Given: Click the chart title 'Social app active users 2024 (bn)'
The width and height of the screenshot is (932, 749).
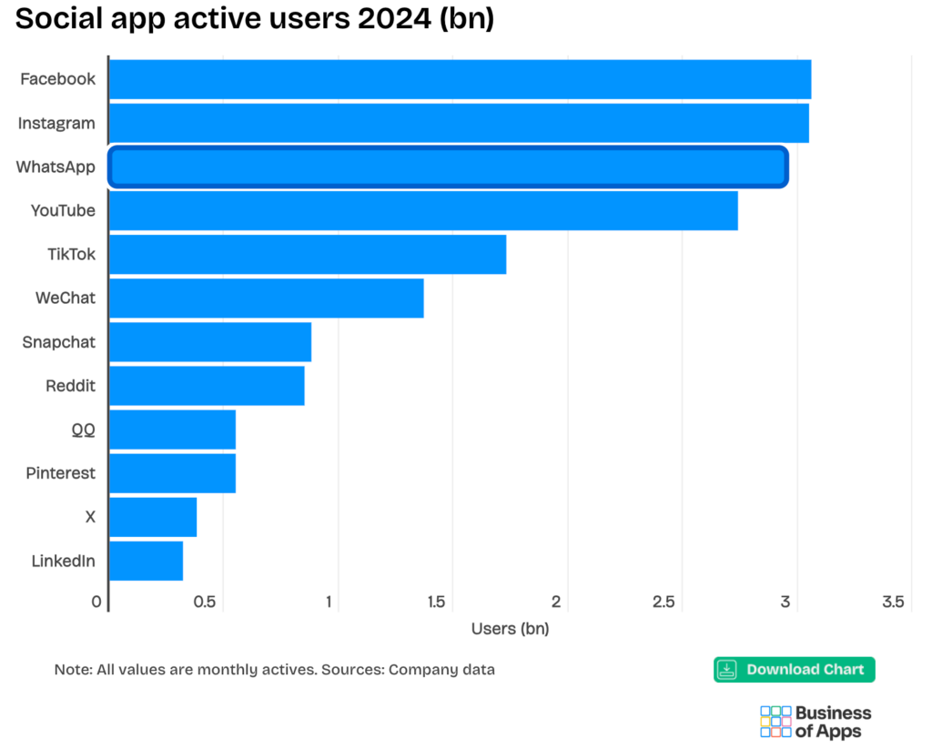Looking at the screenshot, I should point(254,19).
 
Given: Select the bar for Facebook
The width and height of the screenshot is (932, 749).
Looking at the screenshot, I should point(460,79).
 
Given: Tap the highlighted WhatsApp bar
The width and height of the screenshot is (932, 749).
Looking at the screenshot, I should point(448,167).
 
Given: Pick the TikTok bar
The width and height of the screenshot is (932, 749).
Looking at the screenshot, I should point(308,254).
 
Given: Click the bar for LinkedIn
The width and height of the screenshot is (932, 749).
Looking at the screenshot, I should point(146,561).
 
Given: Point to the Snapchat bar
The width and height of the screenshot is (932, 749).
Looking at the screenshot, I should point(210,342).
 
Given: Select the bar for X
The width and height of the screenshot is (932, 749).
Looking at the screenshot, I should point(153,517).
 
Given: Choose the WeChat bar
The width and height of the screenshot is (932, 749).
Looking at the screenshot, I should point(266,299).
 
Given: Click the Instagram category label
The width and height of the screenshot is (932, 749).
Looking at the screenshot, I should point(56,123).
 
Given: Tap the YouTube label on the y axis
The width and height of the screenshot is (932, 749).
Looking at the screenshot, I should point(63,210).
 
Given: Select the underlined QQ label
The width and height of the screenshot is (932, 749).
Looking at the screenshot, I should point(83,430).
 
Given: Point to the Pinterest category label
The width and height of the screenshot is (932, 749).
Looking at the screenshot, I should point(60,473).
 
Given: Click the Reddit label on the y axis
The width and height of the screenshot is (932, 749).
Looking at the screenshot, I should point(70,386).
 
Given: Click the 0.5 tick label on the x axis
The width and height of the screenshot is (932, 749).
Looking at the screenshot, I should point(205,602).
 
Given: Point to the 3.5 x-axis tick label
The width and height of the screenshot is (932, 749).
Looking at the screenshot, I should point(893,602).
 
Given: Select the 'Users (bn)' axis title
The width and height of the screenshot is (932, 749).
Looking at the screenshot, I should point(510,628).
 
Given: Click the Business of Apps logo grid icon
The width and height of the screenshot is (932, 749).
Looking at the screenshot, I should point(775,721).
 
